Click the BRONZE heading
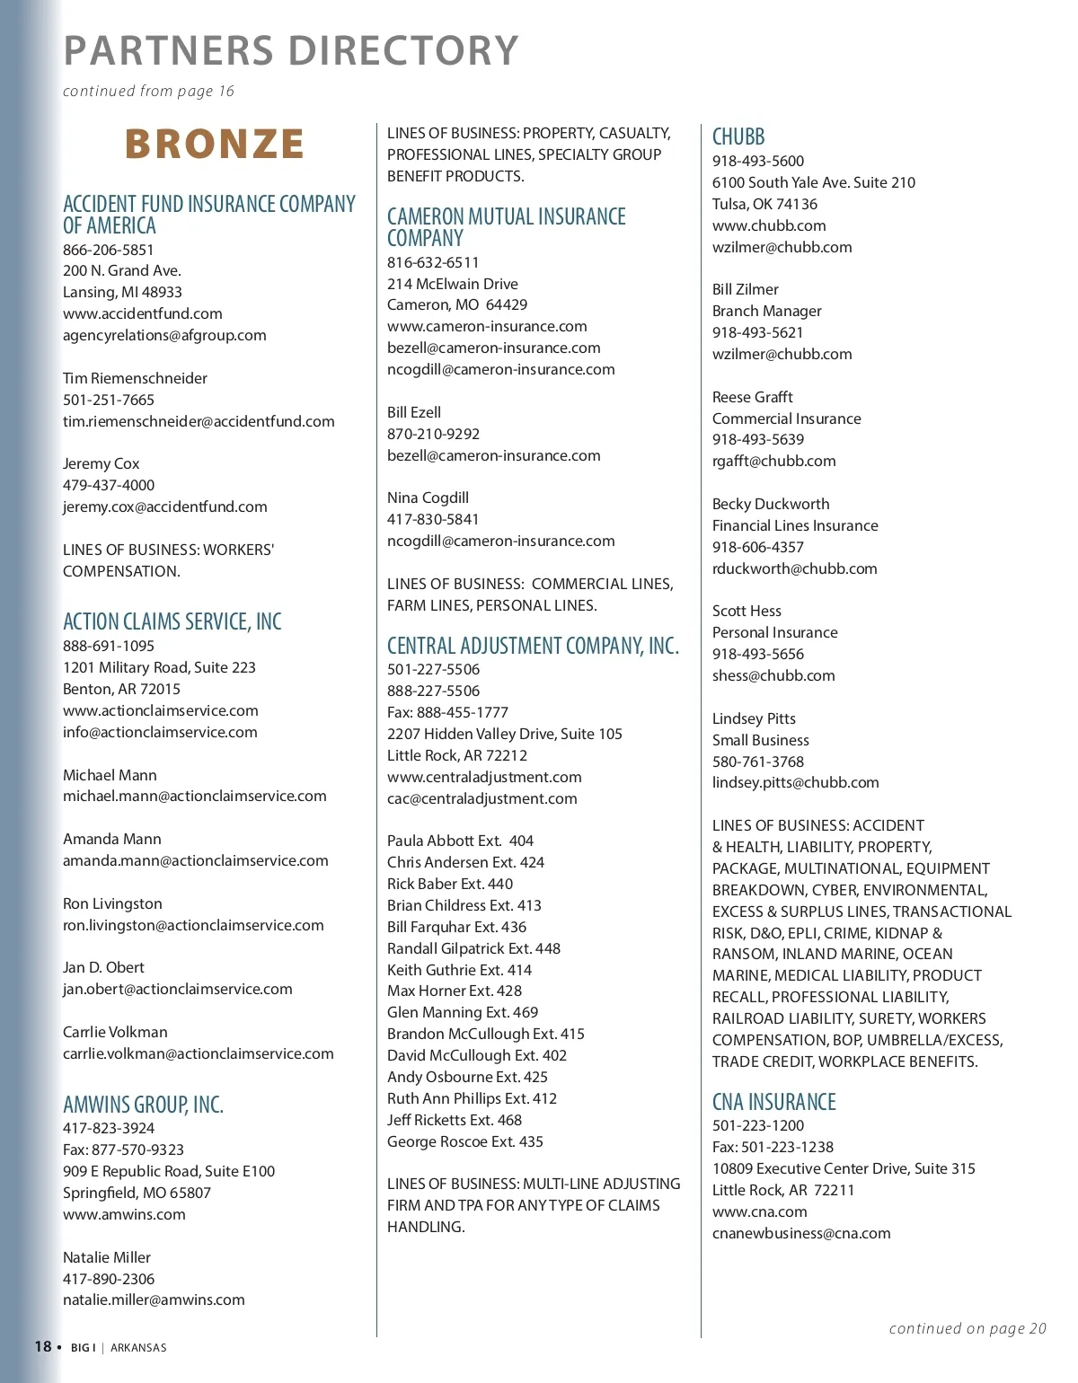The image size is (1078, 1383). [214, 145]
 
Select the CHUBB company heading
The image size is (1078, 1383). [738, 137]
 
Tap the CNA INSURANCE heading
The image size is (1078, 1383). [773, 1102]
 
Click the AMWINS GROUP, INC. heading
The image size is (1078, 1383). [143, 1105]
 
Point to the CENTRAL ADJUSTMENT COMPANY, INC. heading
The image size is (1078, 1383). [533, 646]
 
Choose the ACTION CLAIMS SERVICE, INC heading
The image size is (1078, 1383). [172, 621]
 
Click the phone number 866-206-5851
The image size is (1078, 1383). [108, 250]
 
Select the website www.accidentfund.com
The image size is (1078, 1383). [142, 313]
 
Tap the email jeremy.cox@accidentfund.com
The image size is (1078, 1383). [164, 507]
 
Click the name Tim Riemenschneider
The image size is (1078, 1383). [135, 378]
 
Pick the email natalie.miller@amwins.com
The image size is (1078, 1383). [154, 1299]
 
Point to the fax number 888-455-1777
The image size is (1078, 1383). [447, 712]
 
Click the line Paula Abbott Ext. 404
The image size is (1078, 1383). [460, 841]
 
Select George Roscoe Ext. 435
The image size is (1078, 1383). [464, 1141]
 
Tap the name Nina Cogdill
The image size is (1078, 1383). [428, 498]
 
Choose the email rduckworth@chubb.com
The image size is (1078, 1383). [794, 568]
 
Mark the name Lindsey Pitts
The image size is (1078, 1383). [754, 718]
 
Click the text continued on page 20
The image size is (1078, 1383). [967, 1328]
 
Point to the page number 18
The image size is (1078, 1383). [43, 1346]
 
